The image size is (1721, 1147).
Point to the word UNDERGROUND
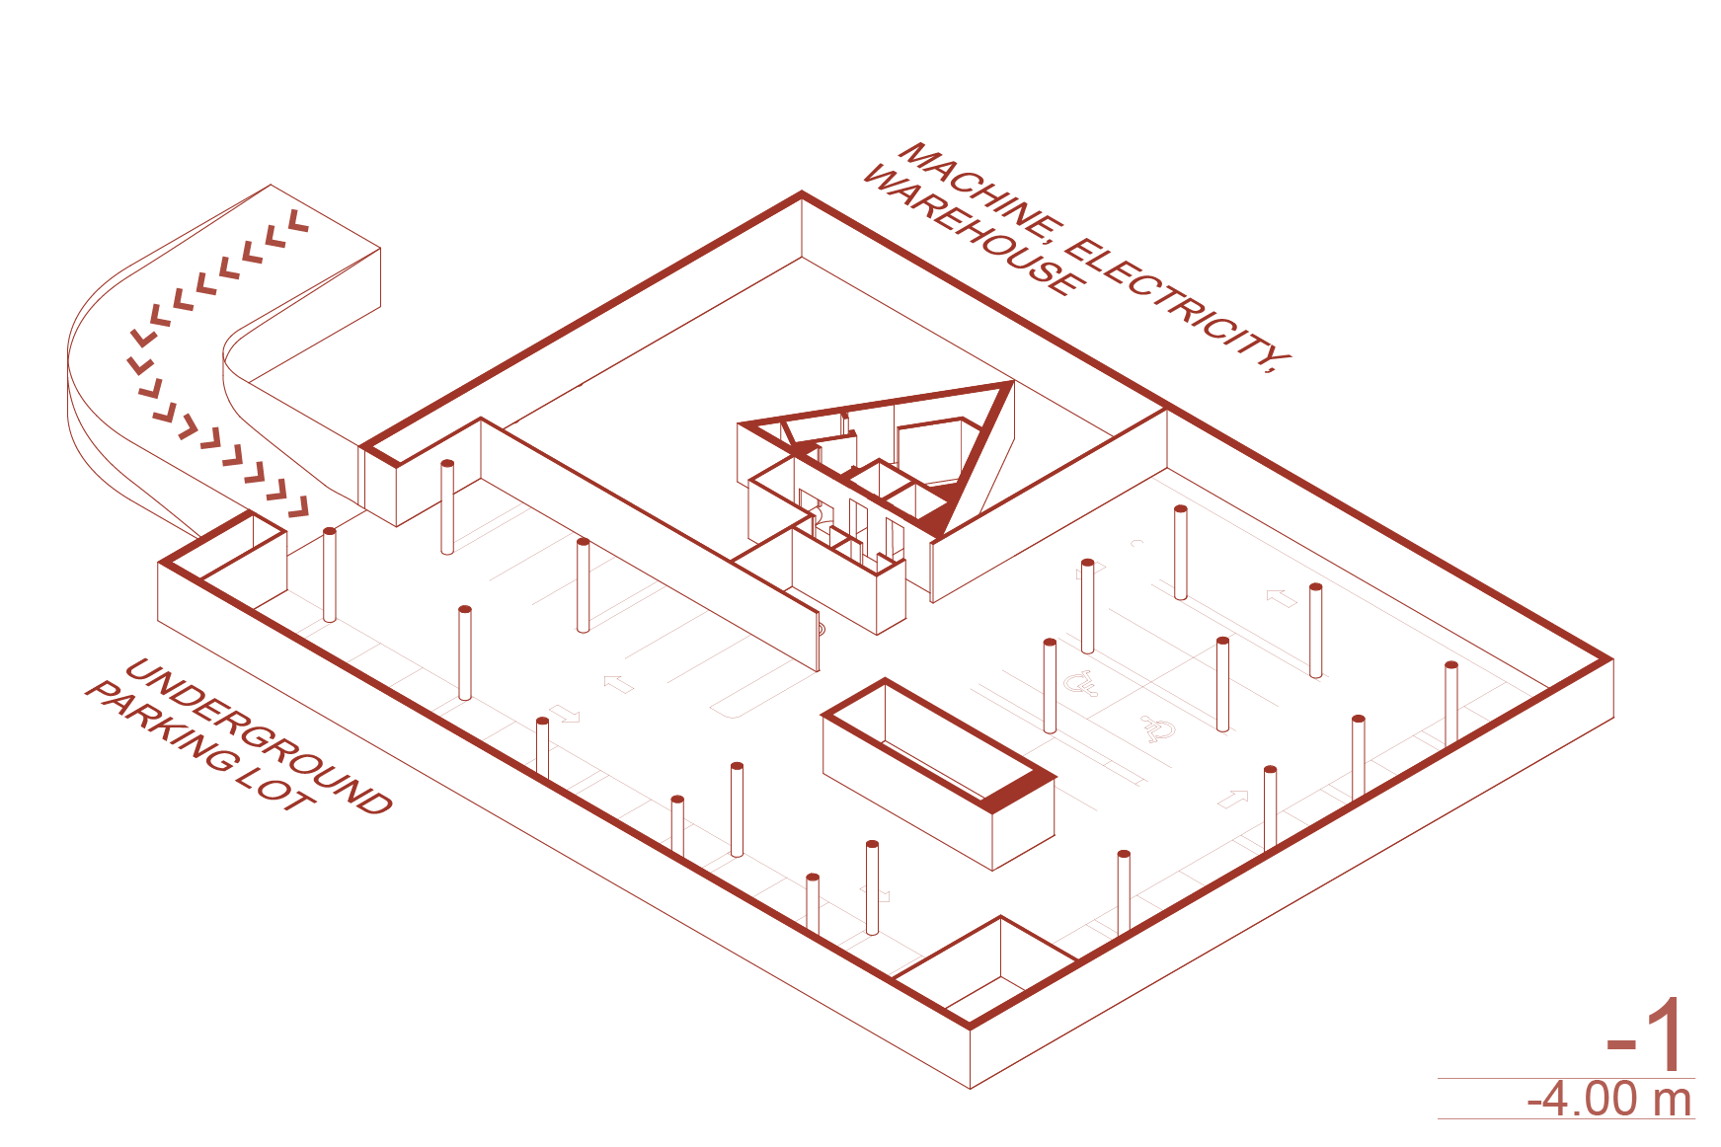click(x=259, y=736)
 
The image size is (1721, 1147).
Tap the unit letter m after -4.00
click(x=1673, y=1101)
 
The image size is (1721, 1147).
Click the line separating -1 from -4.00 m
click(x=1566, y=1078)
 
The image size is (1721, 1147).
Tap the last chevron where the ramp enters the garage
click(x=297, y=508)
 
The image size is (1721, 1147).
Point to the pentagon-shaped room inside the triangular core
click(x=928, y=449)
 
